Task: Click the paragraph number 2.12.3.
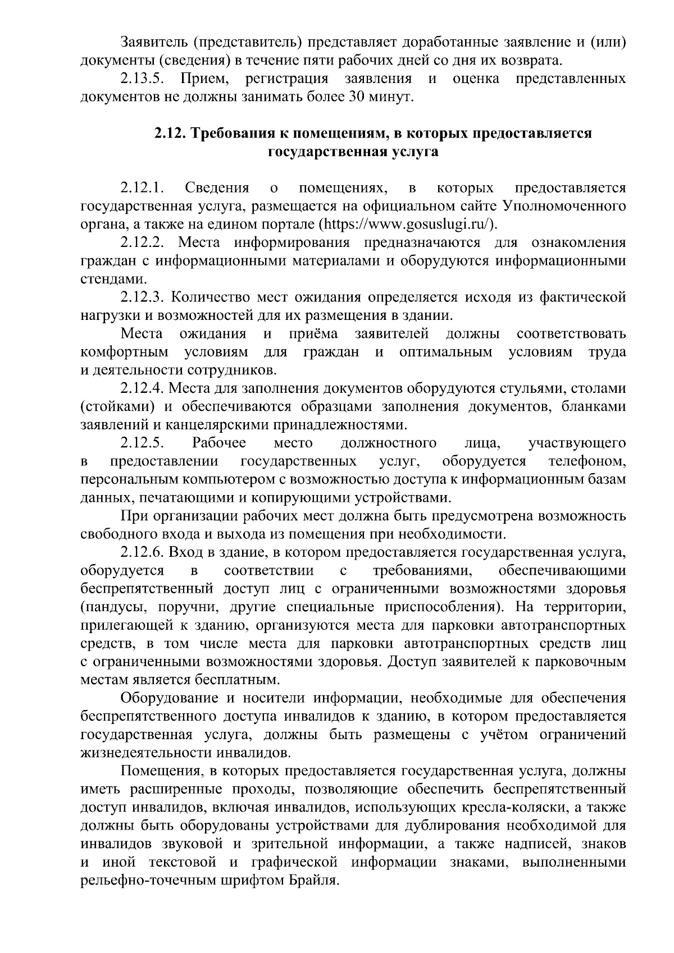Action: [142, 297]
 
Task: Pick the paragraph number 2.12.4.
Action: [142, 388]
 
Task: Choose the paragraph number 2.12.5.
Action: [142, 443]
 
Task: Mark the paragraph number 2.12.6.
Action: [142, 553]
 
